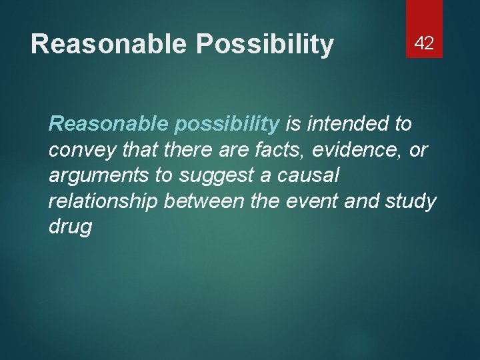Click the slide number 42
click(x=424, y=44)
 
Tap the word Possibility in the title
click(x=265, y=44)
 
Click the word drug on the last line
click(x=70, y=227)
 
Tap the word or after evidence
click(x=418, y=150)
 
